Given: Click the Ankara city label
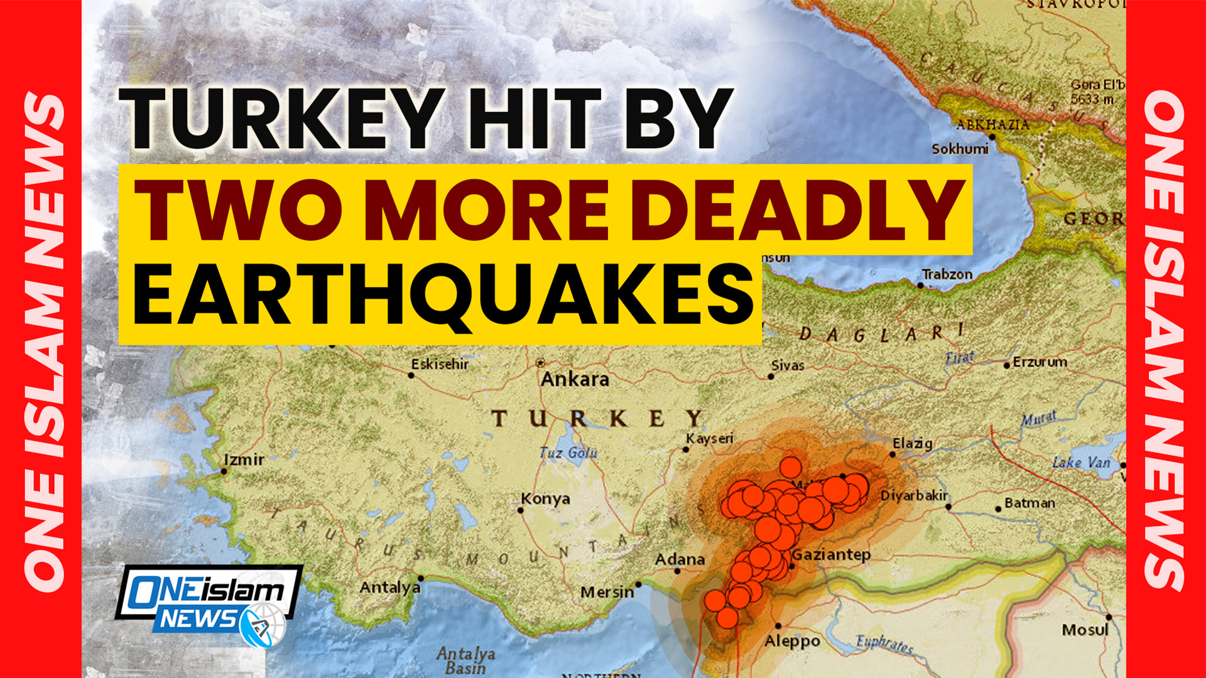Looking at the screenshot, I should (x=575, y=379).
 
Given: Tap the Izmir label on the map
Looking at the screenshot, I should (x=244, y=460).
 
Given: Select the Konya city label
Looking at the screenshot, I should (x=545, y=499).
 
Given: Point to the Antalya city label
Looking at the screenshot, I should (x=389, y=588).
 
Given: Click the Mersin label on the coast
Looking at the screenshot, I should (x=607, y=592).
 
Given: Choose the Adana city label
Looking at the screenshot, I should (x=680, y=559).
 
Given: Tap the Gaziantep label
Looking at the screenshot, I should (x=831, y=554).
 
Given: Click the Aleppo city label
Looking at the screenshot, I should (x=792, y=642).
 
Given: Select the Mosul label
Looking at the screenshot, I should (x=1085, y=630).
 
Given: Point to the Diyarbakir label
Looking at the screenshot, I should (x=914, y=496).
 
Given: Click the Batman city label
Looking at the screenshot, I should (x=1029, y=503).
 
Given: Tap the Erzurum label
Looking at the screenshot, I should (x=1040, y=362).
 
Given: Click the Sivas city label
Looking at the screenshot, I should (x=788, y=365).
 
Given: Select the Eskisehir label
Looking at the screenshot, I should (x=440, y=364).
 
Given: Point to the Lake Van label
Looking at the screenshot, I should (x=1081, y=463).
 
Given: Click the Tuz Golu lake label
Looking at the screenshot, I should (x=568, y=453).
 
